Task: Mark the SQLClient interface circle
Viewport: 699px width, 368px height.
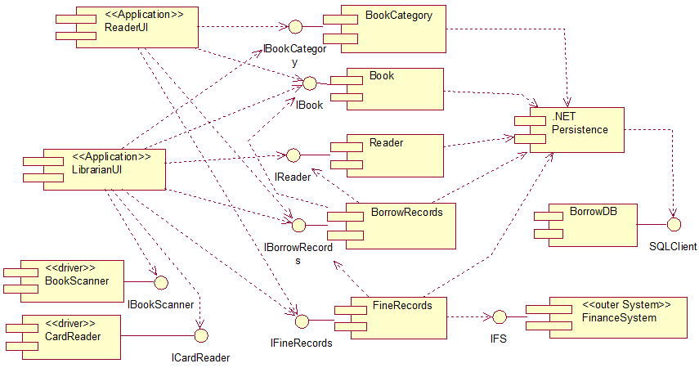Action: coord(674,223)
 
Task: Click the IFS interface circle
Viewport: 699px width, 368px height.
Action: coord(497,316)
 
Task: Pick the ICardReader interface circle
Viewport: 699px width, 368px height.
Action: coord(201,334)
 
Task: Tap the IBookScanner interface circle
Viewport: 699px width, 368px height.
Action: coord(160,281)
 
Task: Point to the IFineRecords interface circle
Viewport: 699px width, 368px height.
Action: coord(302,320)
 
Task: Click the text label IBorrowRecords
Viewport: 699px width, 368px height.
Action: coord(298,253)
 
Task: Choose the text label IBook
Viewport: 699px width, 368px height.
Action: coord(309,105)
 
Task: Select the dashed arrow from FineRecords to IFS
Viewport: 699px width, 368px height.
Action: coord(467,316)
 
